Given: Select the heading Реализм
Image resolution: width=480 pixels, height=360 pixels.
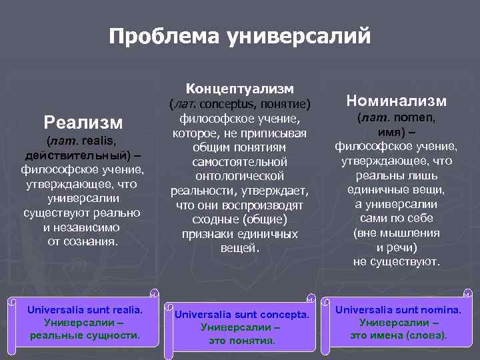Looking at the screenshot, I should (83, 122).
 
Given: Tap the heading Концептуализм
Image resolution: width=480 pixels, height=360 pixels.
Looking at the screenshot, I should (240, 89).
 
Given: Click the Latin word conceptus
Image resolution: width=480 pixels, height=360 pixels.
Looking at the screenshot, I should (227, 105).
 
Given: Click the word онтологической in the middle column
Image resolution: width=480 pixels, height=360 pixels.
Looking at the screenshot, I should (240, 176).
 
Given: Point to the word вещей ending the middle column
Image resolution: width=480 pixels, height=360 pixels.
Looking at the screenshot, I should (240, 248).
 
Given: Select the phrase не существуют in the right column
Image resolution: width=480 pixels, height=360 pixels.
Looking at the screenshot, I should (397, 262).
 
